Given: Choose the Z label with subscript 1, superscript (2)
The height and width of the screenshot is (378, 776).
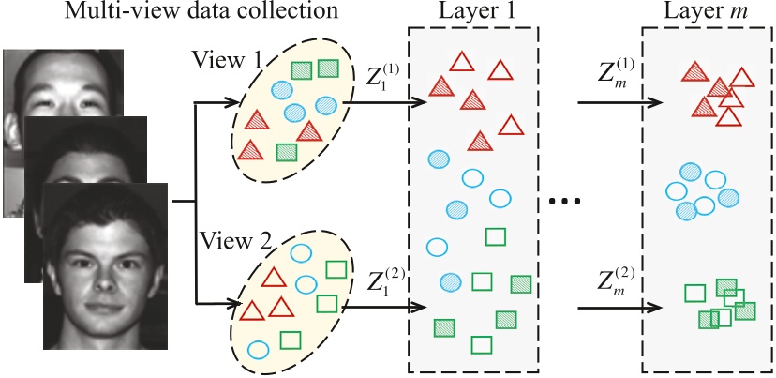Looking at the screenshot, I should [377, 280].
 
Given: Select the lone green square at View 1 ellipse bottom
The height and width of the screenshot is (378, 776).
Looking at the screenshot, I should [287, 151].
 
